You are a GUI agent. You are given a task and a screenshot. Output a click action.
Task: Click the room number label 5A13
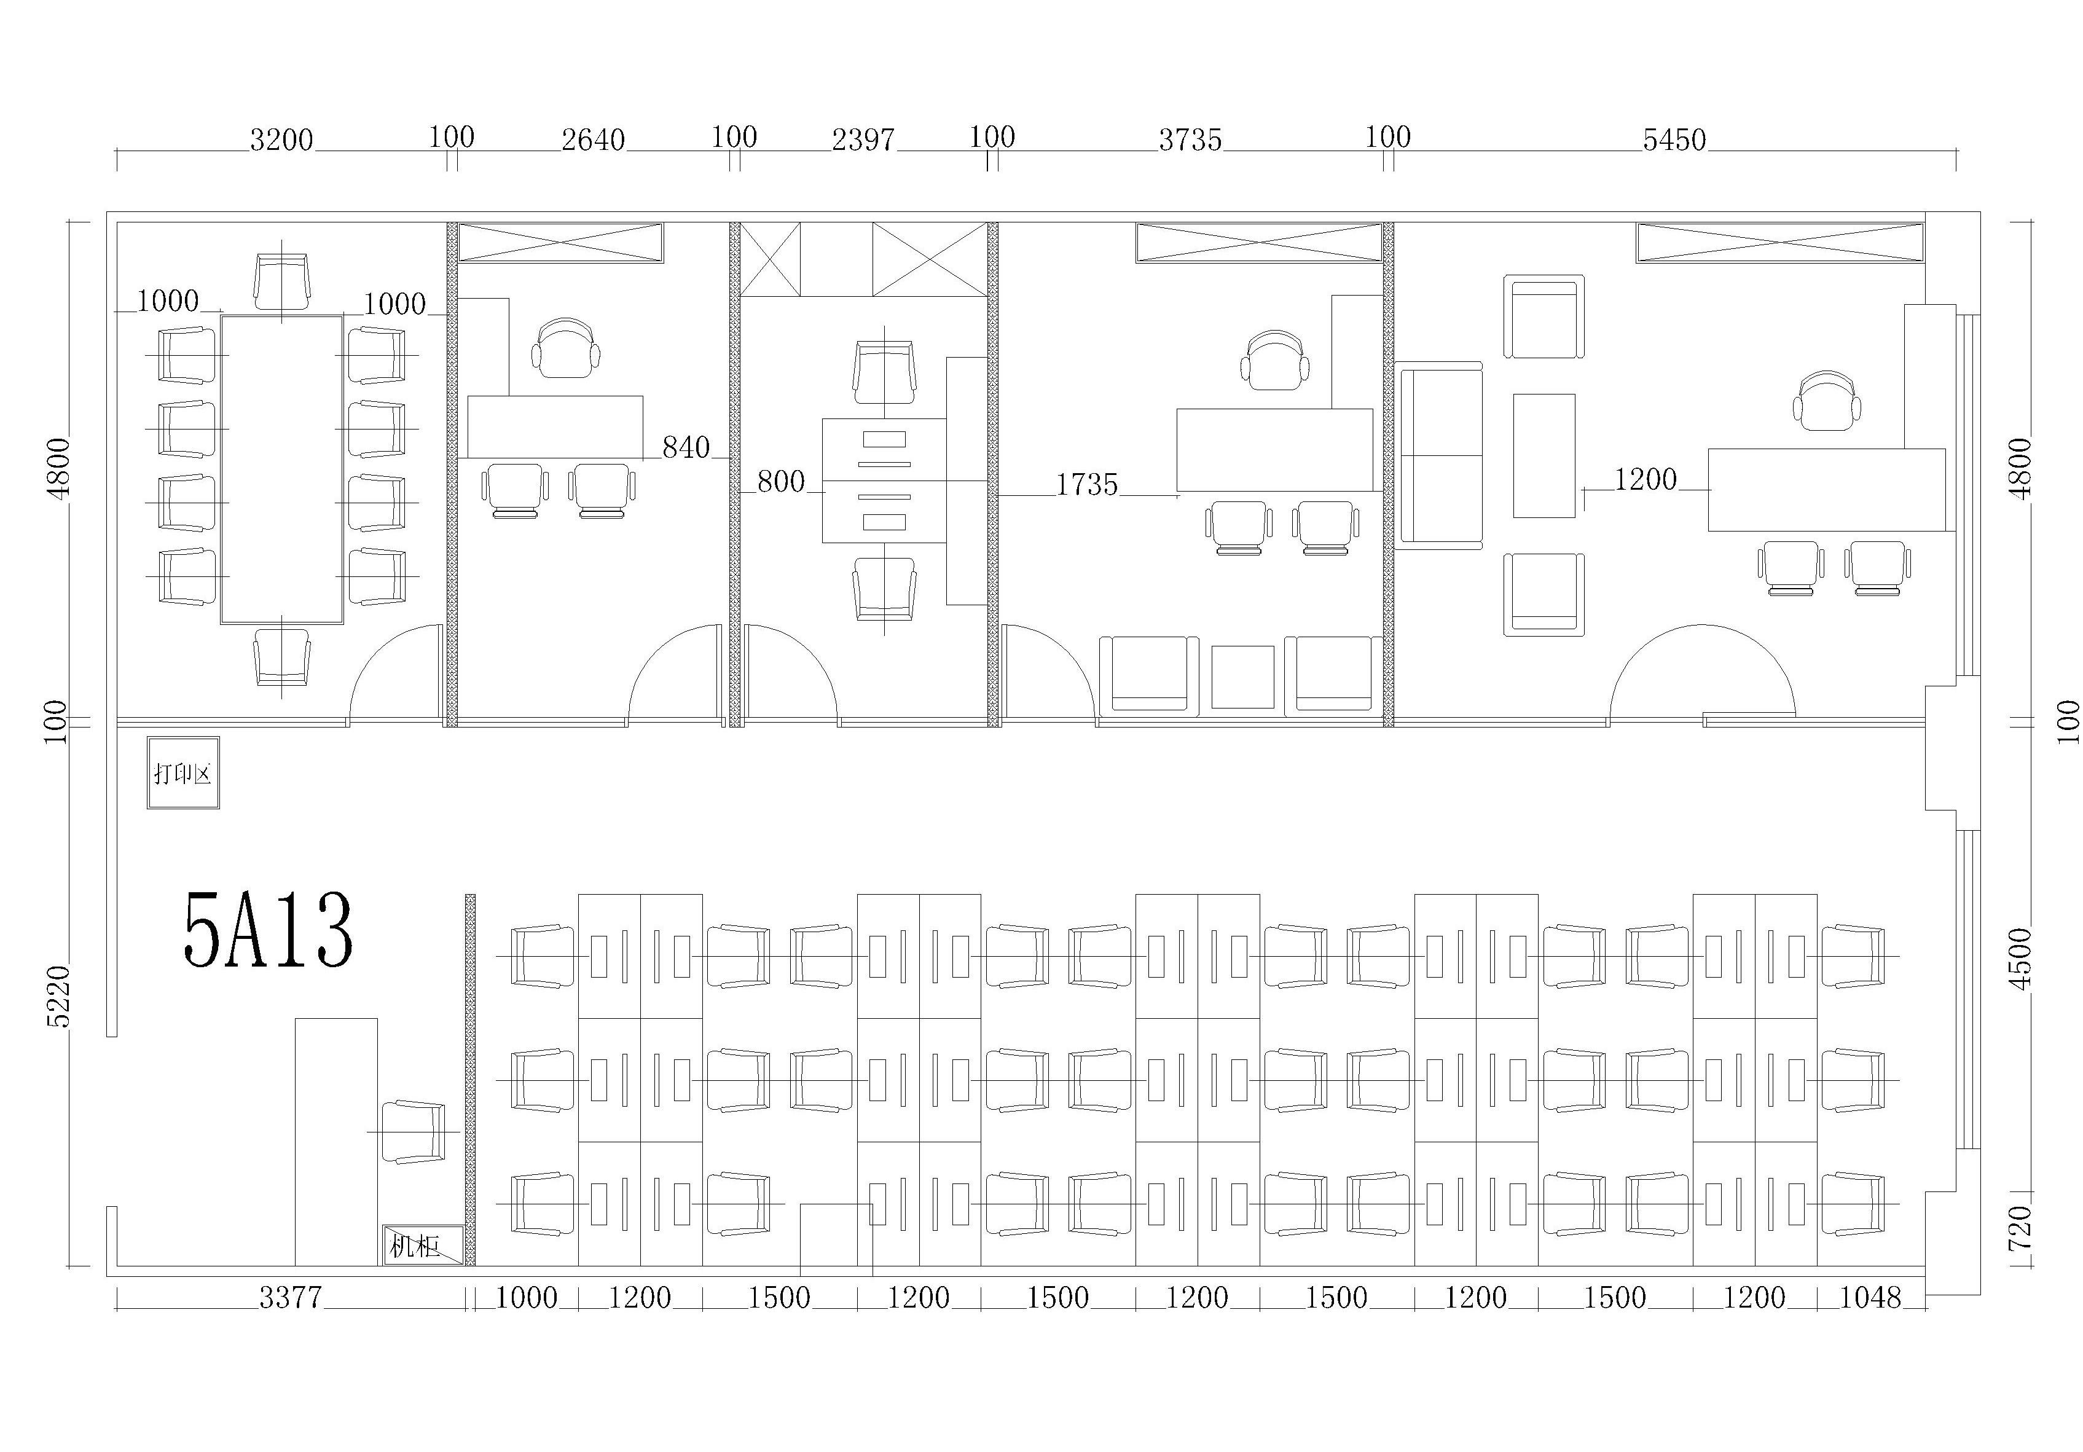(x=268, y=930)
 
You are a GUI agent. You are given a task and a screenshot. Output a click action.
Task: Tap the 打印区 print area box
(x=183, y=772)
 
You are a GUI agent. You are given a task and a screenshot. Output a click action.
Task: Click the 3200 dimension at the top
(x=281, y=139)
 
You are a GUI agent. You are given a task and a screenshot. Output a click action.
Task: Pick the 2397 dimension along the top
(x=864, y=139)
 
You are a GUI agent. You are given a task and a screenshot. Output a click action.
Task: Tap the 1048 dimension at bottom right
(x=1870, y=1298)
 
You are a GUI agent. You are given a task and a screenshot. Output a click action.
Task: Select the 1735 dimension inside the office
(x=1087, y=485)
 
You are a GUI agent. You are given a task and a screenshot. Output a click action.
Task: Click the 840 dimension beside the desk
(x=686, y=447)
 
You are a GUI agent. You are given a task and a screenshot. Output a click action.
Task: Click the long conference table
(x=282, y=469)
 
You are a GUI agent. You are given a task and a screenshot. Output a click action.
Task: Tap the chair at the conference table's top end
(x=281, y=281)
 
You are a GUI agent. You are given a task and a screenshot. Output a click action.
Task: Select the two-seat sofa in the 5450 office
(x=1439, y=455)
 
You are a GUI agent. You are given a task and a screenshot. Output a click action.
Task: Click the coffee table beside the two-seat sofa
(x=1544, y=455)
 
